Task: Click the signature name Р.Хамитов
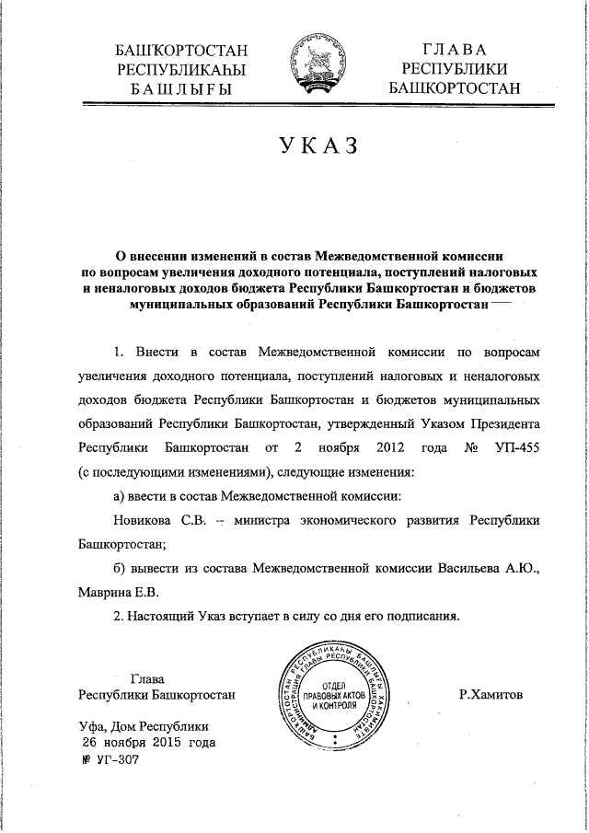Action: tap(490, 696)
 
